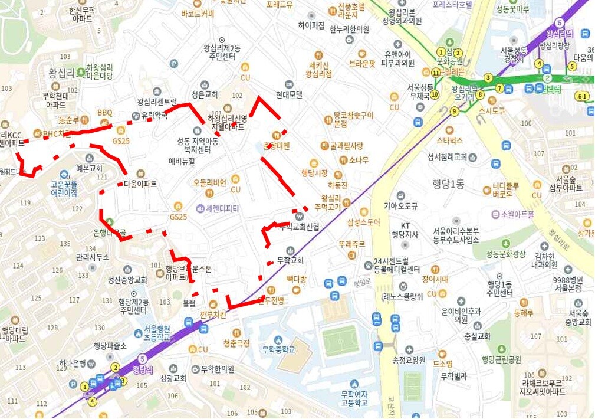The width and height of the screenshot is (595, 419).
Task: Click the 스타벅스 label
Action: click(449, 140)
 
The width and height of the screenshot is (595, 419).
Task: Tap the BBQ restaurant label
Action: click(104, 112)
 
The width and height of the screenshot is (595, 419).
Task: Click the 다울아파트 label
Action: click(140, 184)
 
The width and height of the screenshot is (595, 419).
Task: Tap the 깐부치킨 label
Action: click(213, 315)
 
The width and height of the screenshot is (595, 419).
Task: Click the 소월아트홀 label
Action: click(517, 214)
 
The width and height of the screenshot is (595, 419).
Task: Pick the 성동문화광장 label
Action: click(505, 254)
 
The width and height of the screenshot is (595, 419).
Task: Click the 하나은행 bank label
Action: click(73, 362)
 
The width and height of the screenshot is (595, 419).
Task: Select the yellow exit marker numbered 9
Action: click(453, 111)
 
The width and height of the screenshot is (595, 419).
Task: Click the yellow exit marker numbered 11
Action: click(435, 73)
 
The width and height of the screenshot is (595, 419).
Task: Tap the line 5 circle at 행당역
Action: click(142, 359)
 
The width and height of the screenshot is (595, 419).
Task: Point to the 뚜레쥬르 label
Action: click(351, 244)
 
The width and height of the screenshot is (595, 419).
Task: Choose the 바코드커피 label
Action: click(198, 13)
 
